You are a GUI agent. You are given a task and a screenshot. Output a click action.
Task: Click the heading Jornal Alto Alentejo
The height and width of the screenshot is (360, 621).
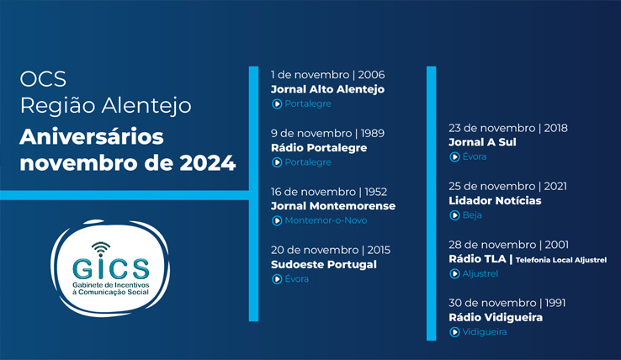point(327,89)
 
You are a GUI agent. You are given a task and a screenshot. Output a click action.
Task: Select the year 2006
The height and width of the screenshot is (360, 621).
point(371,75)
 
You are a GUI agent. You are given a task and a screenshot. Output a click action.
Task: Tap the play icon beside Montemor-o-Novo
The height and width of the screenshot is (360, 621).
point(277,220)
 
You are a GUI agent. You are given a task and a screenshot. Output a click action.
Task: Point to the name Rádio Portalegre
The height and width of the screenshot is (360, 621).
point(319,148)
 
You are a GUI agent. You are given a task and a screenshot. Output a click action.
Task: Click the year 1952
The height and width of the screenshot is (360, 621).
point(375,192)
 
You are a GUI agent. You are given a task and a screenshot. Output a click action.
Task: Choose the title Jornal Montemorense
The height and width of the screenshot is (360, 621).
point(333,206)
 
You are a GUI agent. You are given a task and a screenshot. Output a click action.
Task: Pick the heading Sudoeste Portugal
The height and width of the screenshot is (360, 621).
point(324,265)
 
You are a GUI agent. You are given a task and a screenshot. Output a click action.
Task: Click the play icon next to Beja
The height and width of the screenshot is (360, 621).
point(454,215)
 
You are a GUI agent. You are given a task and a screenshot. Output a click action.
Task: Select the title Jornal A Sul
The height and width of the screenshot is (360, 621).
point(482,142)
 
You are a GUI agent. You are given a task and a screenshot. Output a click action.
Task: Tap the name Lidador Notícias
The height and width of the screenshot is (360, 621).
point(495,201)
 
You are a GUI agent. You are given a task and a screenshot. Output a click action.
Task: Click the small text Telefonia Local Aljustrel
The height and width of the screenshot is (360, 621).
point(561,260)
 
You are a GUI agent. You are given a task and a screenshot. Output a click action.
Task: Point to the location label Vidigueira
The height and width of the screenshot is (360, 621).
point(485,332)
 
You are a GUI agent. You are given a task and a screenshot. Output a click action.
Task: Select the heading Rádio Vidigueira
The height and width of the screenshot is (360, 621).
point(496,318)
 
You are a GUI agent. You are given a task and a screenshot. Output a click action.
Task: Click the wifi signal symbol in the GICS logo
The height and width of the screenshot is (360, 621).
point(101,249)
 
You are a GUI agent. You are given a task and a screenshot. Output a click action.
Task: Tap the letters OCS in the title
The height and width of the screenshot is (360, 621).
point(43,79)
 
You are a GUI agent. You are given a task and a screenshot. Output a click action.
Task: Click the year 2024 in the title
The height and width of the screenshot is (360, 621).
point(208,163)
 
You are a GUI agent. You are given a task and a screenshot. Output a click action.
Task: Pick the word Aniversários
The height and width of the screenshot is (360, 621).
point(92,136)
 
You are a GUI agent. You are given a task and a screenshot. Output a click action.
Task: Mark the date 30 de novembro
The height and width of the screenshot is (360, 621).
point(492,303)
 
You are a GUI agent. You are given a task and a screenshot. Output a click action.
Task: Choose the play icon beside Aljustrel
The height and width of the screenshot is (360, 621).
point(454,273)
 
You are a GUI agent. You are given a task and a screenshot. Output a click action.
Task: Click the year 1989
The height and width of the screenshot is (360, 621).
point(372,133)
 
